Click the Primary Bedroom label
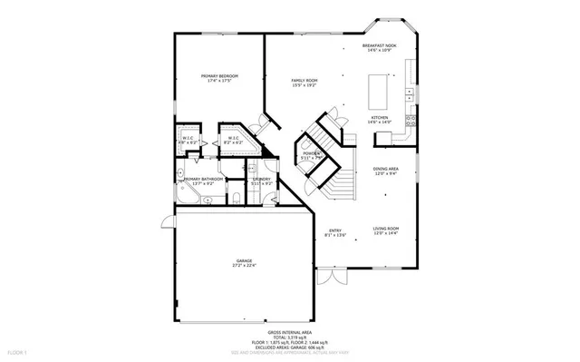219,76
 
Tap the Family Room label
304,82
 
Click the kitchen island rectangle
377,91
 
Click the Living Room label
386,229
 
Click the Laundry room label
262,179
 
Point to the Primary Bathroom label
203,179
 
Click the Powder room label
309,153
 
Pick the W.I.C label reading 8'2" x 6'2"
234,138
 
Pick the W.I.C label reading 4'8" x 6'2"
188,138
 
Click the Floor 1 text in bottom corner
17,350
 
